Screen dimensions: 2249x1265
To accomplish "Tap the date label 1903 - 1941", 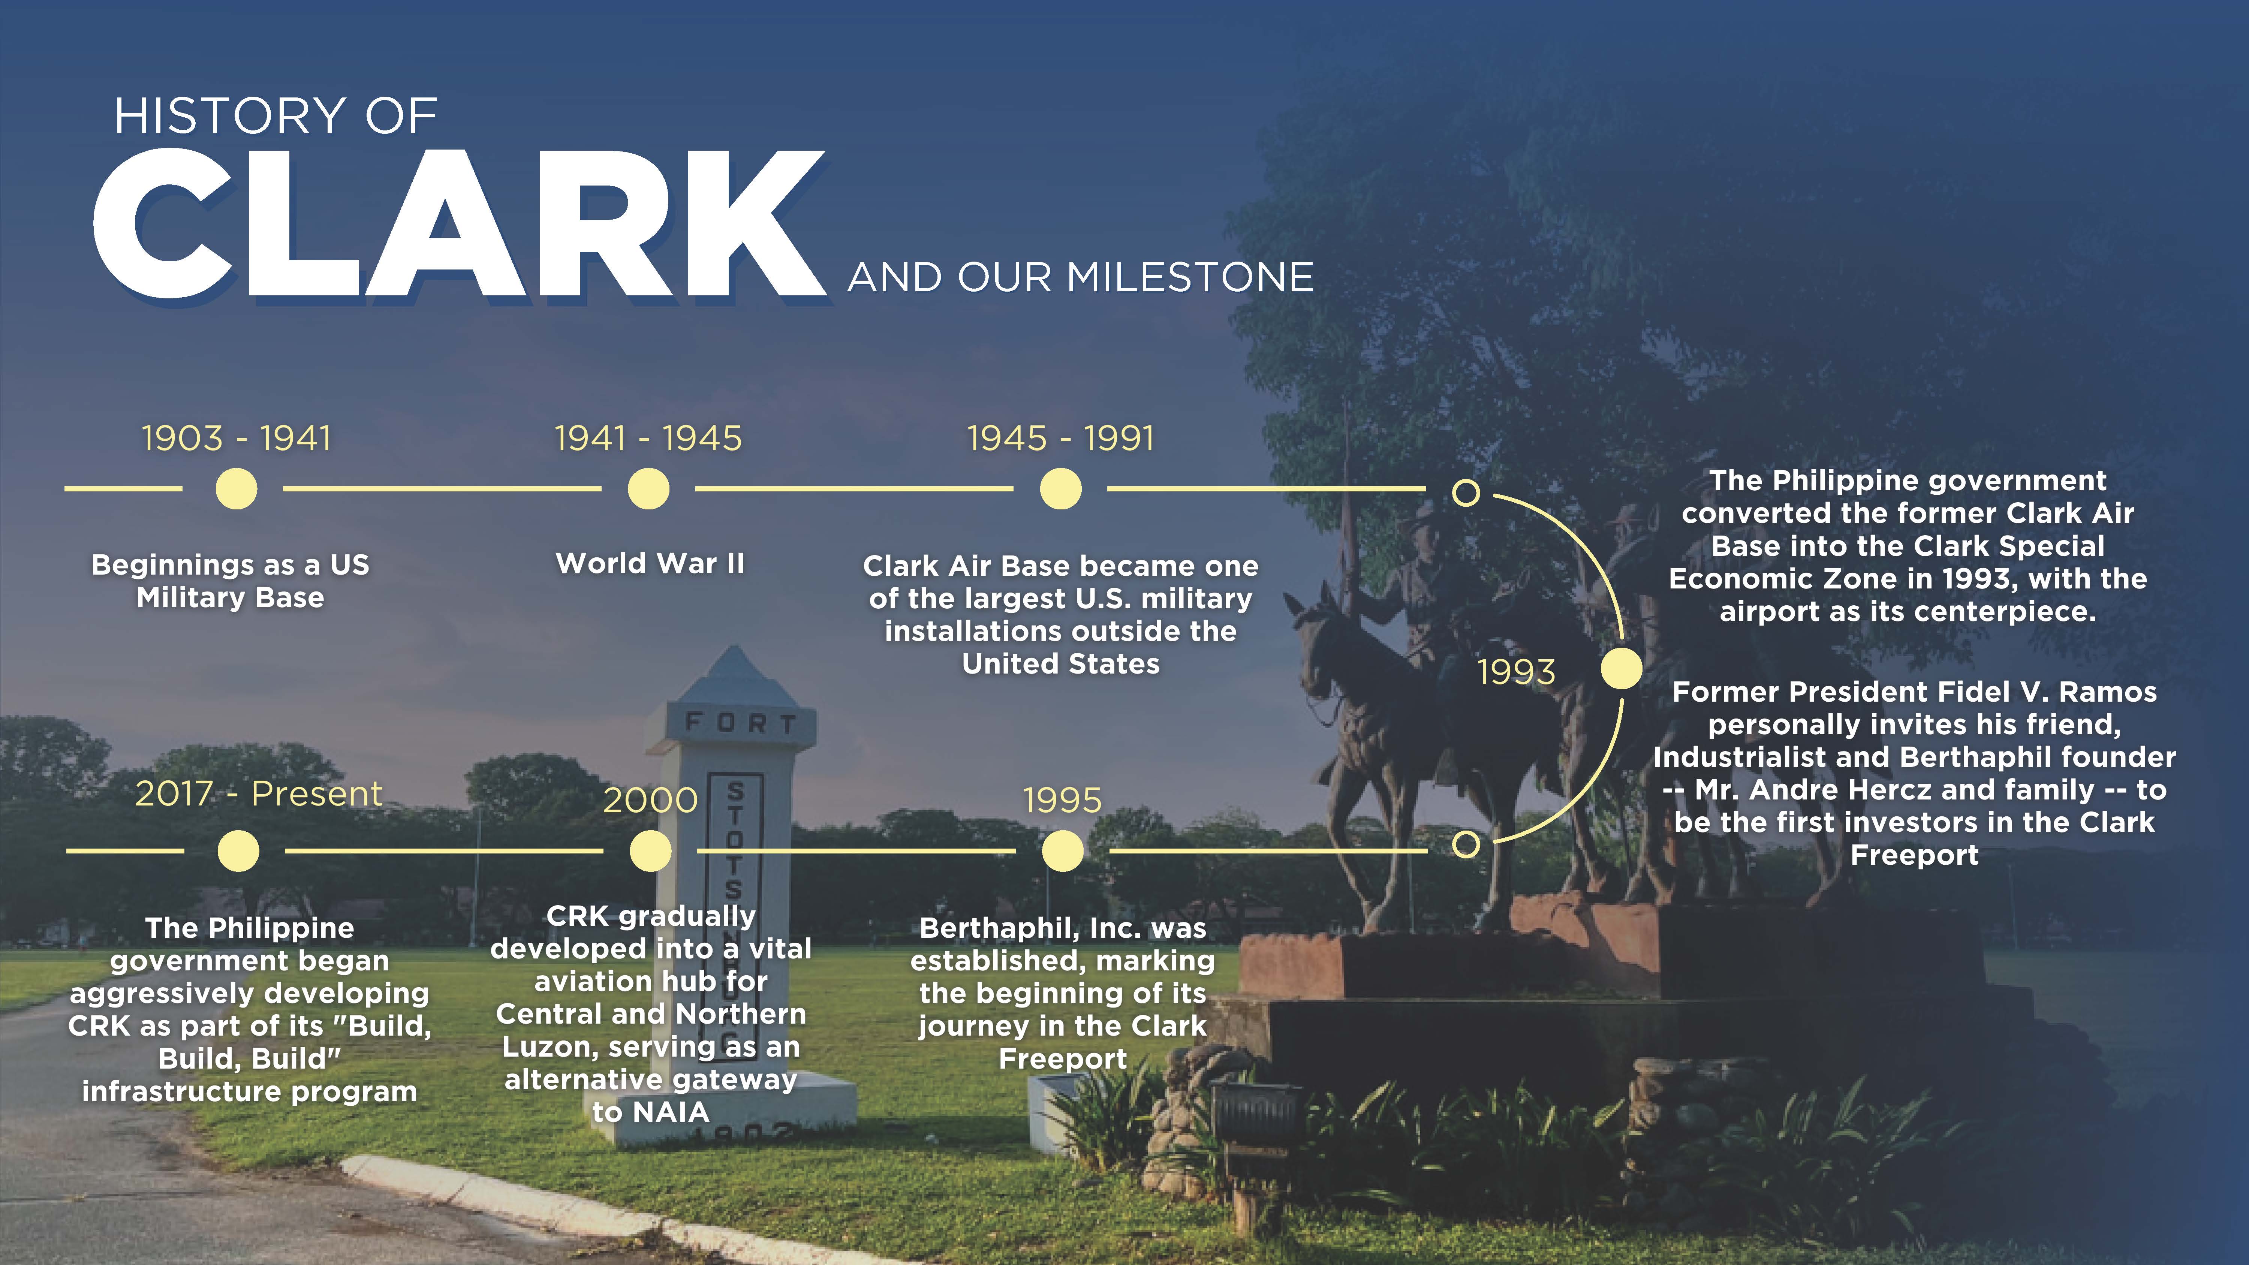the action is click(x=237, y=438).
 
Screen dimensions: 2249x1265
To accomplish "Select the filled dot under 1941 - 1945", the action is click(x=649, y=489).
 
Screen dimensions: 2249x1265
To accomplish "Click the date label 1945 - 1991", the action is click(x=1061, y=438).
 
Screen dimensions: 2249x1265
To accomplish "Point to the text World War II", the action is click(x=650, y=563).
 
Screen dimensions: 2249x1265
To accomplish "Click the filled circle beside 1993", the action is click(x=1621, y=669).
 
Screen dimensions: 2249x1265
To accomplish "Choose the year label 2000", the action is click(x=650, y=800).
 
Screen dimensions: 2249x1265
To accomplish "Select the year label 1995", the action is click(x=1063, y=800).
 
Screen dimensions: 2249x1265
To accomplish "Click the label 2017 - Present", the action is click(x=258, y=793).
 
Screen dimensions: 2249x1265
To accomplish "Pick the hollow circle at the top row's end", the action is click(x=1466, y=493).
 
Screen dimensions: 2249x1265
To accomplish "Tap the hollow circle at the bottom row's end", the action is click(x=1466, y=844).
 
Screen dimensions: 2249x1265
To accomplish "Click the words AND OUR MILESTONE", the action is click(x=1081, y=278).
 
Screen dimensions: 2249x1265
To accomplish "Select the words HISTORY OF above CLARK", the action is click(x=276, y=116).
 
